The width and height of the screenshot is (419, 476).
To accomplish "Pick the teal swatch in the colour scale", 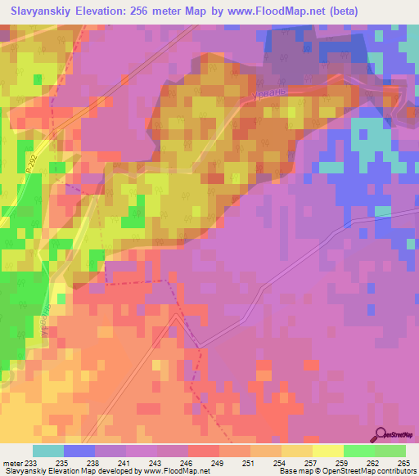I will coord(48,451).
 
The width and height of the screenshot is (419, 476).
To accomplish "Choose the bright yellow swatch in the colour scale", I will coord(327,451).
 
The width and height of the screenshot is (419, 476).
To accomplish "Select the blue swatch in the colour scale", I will coord(79,451).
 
